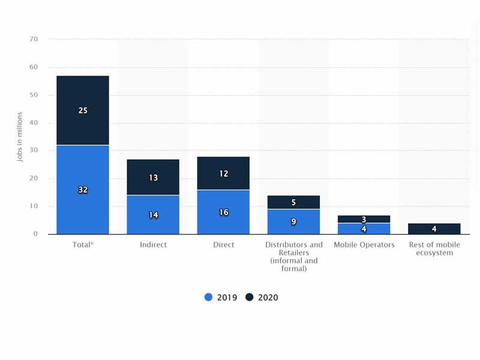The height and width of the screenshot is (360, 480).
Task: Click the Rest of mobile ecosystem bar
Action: [434, 229]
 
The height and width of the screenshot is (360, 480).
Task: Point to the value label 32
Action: [83, 190]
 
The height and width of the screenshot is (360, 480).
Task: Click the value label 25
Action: [83, 110]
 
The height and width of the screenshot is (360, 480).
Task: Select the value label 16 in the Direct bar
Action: [223, 212]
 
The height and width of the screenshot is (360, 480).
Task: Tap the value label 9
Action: [293, 221]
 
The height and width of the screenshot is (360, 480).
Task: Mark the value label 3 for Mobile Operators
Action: [364, 220]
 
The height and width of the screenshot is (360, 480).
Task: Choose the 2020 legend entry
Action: [262, 297]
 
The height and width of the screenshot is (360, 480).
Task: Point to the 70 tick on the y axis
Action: [34, 40]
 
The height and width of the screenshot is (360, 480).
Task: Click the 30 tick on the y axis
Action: [34, 151]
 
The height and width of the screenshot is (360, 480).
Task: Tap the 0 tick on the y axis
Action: [36, 234]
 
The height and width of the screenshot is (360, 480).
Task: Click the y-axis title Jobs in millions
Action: [20, 137]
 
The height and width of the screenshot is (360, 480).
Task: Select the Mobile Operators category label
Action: [364, 245]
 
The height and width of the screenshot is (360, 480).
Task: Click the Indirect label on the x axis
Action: [153, 245]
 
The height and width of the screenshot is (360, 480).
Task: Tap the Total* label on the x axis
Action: [83, 245]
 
